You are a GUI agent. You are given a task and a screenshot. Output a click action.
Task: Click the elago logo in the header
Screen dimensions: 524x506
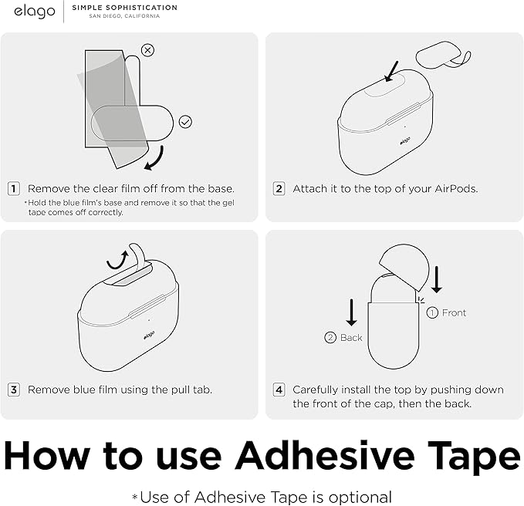35,12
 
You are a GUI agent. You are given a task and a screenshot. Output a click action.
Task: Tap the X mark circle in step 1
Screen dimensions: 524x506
147,50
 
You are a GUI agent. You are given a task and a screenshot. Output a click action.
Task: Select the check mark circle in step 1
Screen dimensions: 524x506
185,122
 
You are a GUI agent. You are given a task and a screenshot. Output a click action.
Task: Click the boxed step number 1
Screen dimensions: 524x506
14,189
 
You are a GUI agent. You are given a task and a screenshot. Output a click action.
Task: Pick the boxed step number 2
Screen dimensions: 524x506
279,189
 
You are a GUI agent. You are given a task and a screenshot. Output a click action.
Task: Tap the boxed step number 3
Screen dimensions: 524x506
14,390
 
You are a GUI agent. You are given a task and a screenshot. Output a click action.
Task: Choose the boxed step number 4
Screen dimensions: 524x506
279,390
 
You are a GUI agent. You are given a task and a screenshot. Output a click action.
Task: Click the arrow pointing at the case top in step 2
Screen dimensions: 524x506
391,71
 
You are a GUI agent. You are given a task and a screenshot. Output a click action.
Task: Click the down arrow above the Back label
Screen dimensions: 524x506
351,312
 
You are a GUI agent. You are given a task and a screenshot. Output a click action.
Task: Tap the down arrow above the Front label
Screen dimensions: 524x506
437,280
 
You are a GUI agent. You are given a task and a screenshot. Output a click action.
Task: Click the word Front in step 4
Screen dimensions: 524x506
454,313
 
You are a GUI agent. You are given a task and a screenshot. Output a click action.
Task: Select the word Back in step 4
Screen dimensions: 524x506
351,338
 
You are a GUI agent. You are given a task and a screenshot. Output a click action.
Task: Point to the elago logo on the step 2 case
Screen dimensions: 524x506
405,141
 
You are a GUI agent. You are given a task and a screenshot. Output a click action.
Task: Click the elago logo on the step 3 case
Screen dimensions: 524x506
149,335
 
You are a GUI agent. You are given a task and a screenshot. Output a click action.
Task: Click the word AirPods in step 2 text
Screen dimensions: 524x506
456,189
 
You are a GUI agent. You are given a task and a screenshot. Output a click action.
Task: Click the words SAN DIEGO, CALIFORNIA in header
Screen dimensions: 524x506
124,16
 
